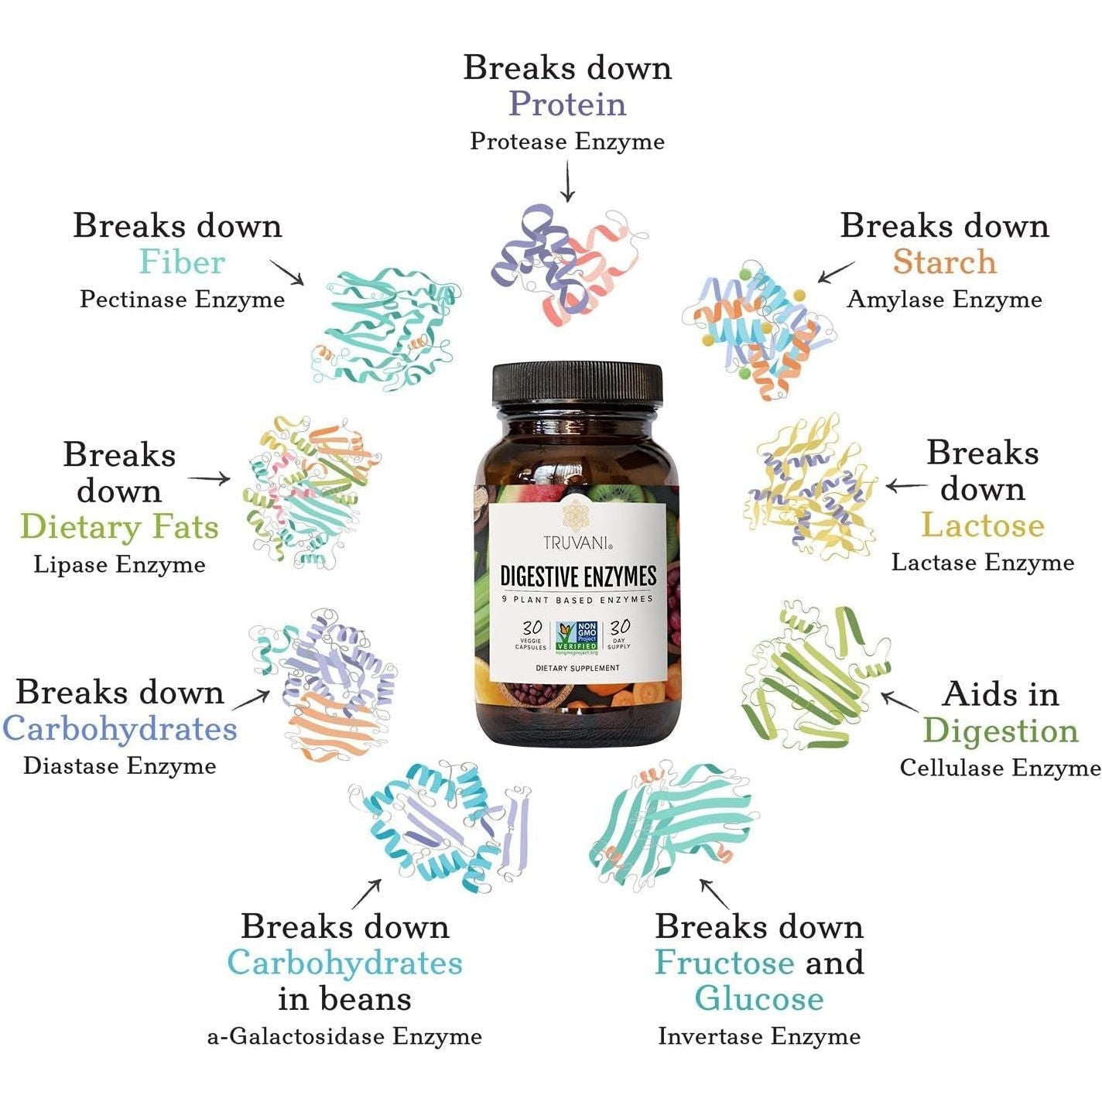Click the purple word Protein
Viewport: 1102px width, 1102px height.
[567, 104]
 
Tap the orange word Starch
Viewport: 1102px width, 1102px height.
[944, 262]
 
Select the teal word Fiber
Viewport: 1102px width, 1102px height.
[182, 262]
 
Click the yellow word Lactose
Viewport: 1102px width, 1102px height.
[983, 525]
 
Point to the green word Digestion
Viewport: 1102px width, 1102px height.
[1000, 731]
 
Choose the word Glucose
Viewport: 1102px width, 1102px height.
[758, 998]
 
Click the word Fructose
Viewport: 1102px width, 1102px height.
[724, 962]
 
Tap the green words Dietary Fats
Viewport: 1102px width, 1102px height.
[119, 527]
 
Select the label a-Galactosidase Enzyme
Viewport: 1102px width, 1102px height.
[344, 1036]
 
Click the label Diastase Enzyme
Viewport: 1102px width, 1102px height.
[120, 766]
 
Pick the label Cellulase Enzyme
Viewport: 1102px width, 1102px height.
[1000, 768]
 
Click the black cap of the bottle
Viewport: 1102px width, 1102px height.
[577, 384]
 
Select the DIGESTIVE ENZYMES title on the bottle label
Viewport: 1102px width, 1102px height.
[578, 577]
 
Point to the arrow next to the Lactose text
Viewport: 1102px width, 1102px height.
[905, 487]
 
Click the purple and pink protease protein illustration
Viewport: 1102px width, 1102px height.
[569, 263]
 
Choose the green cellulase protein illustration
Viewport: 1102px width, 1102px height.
[813, 677]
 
